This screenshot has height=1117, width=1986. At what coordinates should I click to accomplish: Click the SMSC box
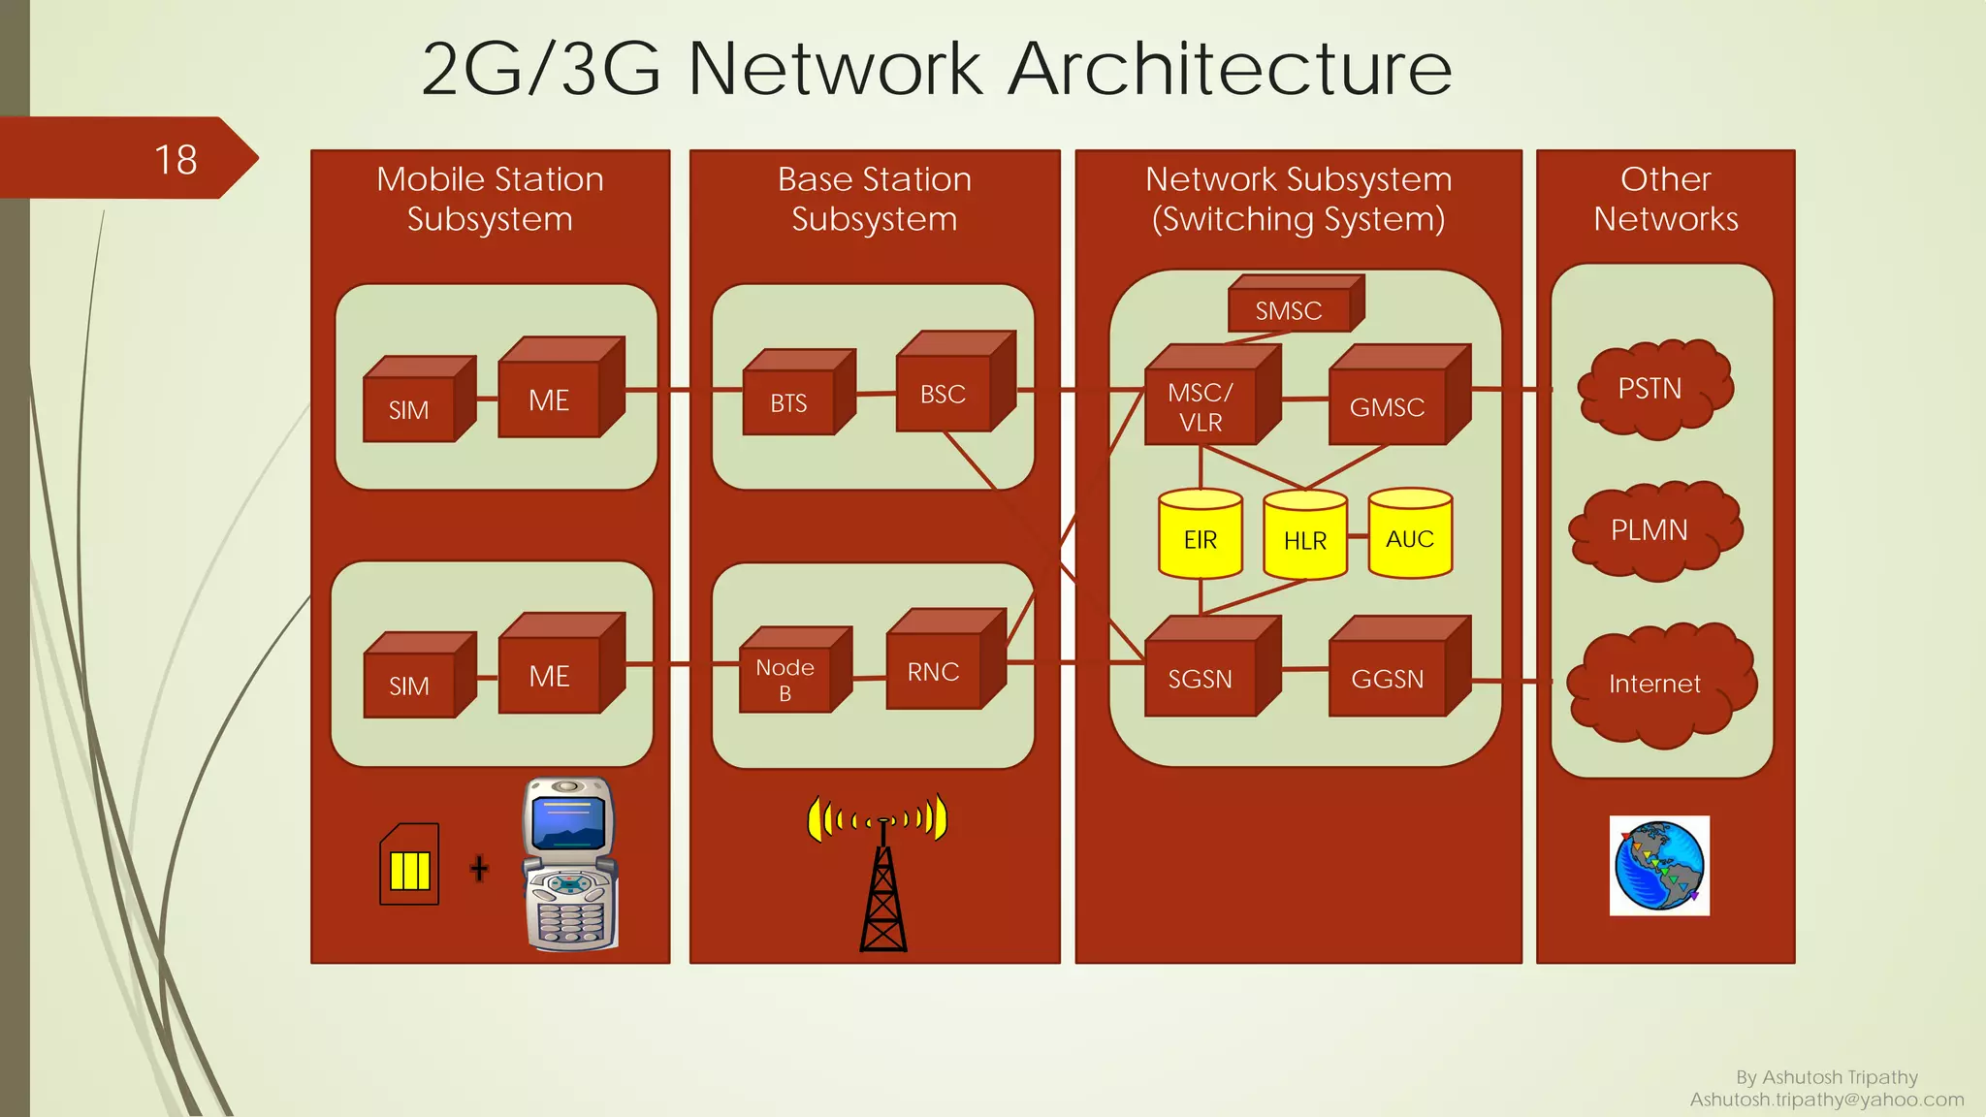click(x=1289, y=310)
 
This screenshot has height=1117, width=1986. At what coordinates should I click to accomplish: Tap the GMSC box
click(x=1388, y=407)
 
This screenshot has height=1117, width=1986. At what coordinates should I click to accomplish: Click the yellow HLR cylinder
click(x=1305, y=538)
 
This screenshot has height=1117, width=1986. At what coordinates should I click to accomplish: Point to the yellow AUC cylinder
click(x=1410, y=536)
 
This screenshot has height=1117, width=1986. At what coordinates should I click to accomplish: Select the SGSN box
click(x=1201, y=679)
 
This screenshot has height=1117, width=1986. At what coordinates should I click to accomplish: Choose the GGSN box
click(x=1388, y=679)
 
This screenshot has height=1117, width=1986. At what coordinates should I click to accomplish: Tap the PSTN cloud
click(x=1652, y=389)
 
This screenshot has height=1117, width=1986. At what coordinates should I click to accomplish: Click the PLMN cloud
click(x=1652, y=530)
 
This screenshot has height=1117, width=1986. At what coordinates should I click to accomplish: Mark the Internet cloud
click(x=1656, y=685)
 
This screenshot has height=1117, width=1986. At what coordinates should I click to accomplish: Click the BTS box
click(x=789, y=402)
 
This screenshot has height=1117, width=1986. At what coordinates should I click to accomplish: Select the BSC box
click(x=944, y=394)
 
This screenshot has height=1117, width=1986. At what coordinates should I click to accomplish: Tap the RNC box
click(x=934, y=672)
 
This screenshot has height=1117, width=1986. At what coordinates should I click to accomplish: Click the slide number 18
click(x=176, y=160)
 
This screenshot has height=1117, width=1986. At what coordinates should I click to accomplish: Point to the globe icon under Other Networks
click(x=1659, y=866)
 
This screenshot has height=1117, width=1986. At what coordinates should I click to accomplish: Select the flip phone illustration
click(x=570, y=863)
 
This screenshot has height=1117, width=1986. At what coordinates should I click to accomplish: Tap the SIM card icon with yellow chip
click(x=409, y=865)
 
